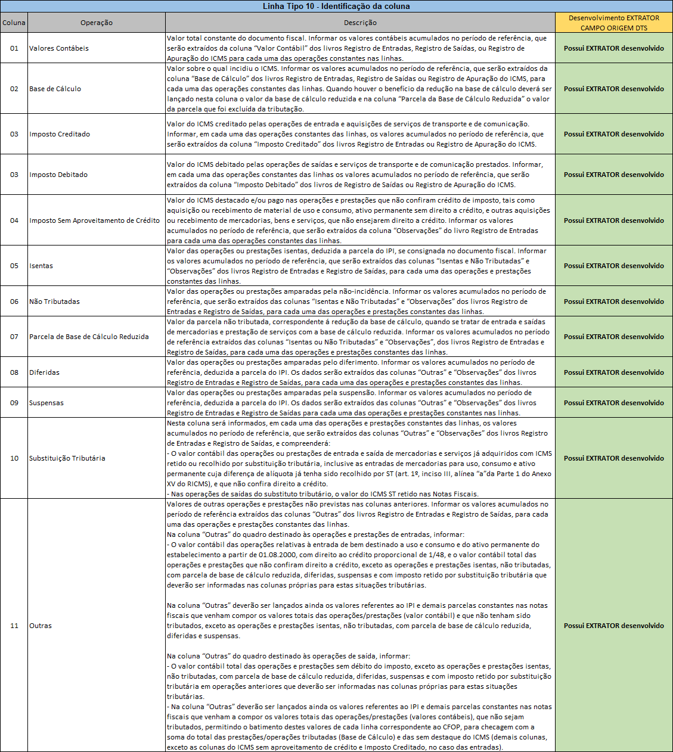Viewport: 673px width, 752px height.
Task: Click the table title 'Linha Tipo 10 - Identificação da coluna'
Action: (x=336, y=7)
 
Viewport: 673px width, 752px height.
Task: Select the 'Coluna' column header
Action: (x=14, y=23)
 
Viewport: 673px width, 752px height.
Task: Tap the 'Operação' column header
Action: (x=97, y=23)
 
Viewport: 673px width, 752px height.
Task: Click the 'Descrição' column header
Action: (x=360, y=23)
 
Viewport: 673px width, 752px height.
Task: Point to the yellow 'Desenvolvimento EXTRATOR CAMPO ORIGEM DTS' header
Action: (x=613, y=23)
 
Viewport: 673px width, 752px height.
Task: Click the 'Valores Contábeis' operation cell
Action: (x=59, y=48)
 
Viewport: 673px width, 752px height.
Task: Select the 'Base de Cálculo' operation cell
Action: (x=55, y=89)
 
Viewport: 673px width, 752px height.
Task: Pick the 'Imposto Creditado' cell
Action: (x=60, y=134)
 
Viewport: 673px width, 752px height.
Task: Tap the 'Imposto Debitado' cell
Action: (x=58, y=175)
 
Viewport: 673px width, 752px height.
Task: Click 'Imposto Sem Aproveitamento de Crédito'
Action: (x=95, y=220)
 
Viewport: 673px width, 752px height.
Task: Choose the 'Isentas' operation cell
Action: (x=41, y=266)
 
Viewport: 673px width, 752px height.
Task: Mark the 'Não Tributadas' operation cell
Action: (x=54, y=302)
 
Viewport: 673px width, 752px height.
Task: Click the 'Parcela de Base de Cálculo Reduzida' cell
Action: (x=89, y=337)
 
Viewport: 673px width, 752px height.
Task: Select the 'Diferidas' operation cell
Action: (x=45, y=372)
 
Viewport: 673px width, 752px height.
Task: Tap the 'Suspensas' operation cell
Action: (x=46, y=403)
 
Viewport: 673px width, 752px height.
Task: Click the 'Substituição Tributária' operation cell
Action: (x=67, y=458)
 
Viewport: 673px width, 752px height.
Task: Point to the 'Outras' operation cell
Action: (x=41, y=626)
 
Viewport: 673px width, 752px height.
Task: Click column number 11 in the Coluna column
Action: (x=14, y=626)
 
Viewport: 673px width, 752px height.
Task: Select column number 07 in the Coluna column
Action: (x=14, y=337)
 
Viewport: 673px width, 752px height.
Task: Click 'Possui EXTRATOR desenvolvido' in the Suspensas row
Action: (x=613, y=403)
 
